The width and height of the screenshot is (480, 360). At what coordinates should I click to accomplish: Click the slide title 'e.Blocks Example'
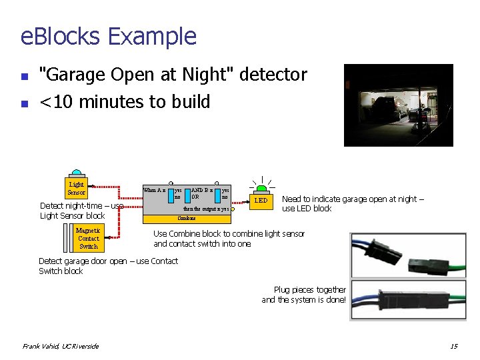[x=109, y=36]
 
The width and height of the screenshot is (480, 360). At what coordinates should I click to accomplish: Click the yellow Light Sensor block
[x=77, y=189]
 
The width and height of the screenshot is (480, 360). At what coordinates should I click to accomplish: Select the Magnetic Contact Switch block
[x=88, y=238]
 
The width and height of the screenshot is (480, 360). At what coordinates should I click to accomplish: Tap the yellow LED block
[x=261, y=200]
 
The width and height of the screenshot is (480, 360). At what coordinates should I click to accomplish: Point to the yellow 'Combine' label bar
[x=187, y=218]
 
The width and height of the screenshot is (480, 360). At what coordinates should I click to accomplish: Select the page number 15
[x=453, y=346]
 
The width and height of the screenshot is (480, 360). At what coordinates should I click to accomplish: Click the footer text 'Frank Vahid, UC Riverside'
[x=61, y=346]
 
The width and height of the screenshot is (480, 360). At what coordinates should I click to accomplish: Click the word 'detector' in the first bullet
[x=276, y=75]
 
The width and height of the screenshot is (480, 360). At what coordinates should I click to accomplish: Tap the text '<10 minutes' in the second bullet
[x=87, y=102]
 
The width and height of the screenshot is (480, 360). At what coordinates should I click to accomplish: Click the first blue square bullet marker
[x=24, y=76]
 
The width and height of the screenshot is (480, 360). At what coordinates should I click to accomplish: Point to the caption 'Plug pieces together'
[x=309, y=290]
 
